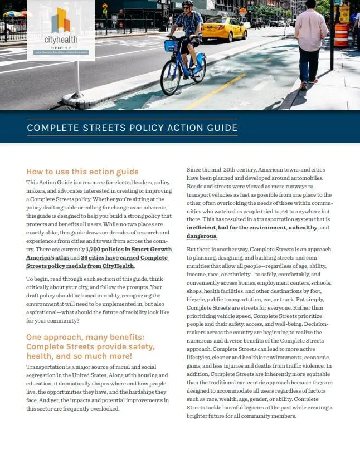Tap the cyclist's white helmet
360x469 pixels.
[x=188, y=3]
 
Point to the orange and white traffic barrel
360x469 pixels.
[x=341, y=35]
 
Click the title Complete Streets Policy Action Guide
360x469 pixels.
[x=132, y=128]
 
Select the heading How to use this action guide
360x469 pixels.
[x=82, y=172]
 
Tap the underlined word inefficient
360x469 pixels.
[x=201, y=228]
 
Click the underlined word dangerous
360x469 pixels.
[x=202, y=236]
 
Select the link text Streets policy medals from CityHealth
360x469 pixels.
[x=80, y=266]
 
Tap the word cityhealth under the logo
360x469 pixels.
[x=61, y=41]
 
